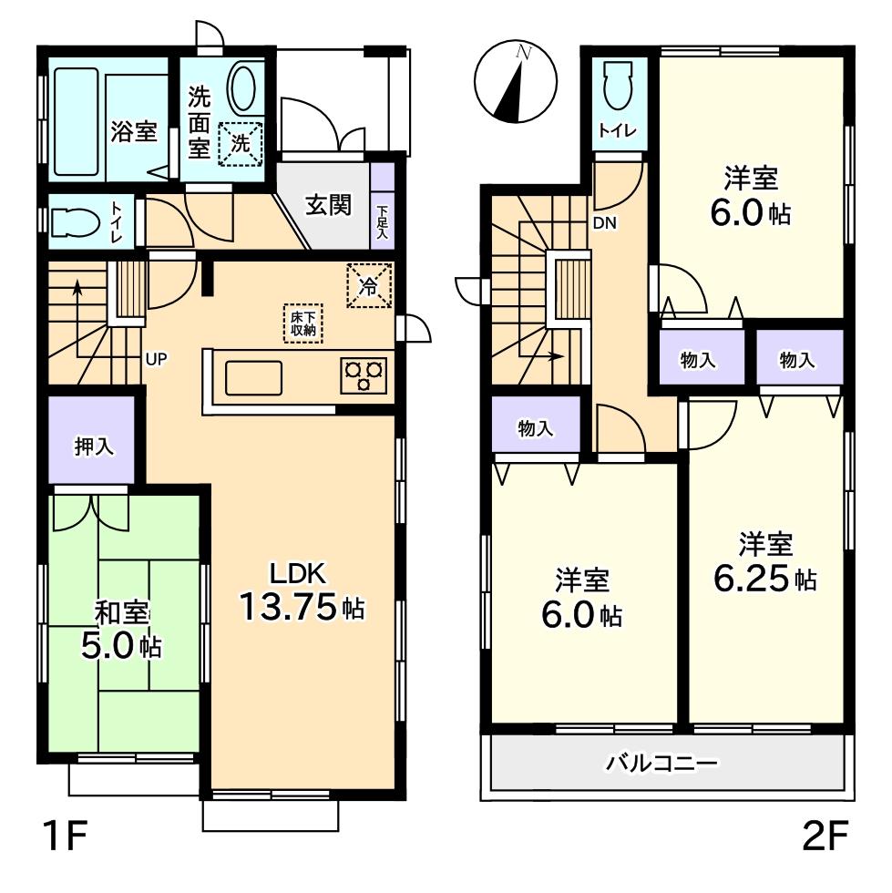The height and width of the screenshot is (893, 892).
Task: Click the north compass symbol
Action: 513,83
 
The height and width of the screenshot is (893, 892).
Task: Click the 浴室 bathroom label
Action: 133,132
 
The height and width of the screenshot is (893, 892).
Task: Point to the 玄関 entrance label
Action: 328,205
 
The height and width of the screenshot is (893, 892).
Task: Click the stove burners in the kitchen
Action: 364,375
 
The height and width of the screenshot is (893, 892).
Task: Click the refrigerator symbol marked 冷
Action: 370,286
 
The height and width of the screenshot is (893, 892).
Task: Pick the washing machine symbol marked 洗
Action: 240,144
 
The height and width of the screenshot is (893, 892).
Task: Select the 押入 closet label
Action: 94,446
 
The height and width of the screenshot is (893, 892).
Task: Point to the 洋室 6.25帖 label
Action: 764,564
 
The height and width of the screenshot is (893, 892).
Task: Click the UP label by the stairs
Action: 156,358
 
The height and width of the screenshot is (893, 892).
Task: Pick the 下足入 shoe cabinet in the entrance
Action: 383,216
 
